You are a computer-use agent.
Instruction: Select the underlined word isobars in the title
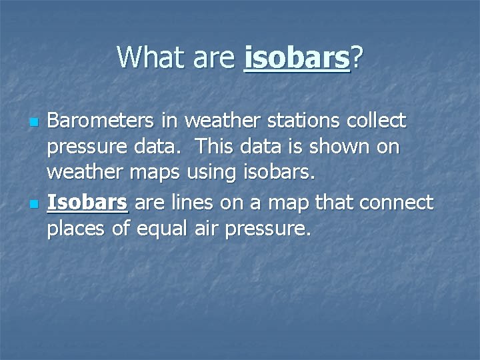pos(297,59)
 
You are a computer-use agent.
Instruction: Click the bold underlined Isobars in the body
pos(87,203)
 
